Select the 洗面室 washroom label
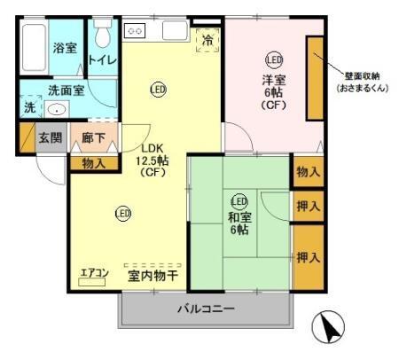[x=66, y=90]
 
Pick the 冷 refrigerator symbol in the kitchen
[x=207, y=40]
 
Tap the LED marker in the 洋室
[x=273, y=60]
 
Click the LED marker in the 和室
[x=239, y=201]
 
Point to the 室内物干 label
[x=153, y=276]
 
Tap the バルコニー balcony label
[x=205, y=310]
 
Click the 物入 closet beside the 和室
[x=308, y=172]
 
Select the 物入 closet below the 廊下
[x=93, y=162]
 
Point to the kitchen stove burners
[x=136, y=31]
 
